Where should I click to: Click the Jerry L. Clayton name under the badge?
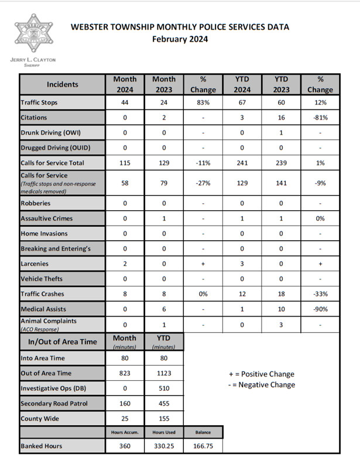click(33, 60)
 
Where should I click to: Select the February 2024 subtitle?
click(180, 39)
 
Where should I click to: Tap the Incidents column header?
click(62, 84)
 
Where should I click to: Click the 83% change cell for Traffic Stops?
click(203, 103)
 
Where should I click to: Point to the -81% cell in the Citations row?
click(320, 118)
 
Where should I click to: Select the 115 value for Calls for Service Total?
click(124, 163)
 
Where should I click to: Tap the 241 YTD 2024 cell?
click(242, 163)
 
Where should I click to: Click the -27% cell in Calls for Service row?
click(203, 183)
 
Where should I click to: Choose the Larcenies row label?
click(36, 264)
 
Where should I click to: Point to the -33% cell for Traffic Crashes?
click(320, 293)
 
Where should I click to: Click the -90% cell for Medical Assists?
click(320, 309)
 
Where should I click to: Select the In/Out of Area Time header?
click(62, 341)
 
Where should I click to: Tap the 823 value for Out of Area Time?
click(124, 373)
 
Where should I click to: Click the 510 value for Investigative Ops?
click(164, 388)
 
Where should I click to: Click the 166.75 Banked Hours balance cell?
click(203, 446)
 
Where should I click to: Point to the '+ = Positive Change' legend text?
click(261, 374)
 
